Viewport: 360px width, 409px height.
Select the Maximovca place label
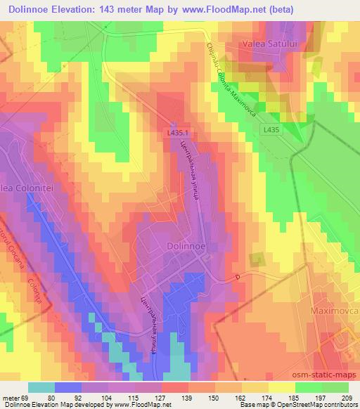pos(335,310)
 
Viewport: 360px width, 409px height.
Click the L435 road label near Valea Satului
pos(275,129)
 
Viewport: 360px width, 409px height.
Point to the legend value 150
pos(213,398)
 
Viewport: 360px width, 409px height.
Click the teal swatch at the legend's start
pos(41,387)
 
